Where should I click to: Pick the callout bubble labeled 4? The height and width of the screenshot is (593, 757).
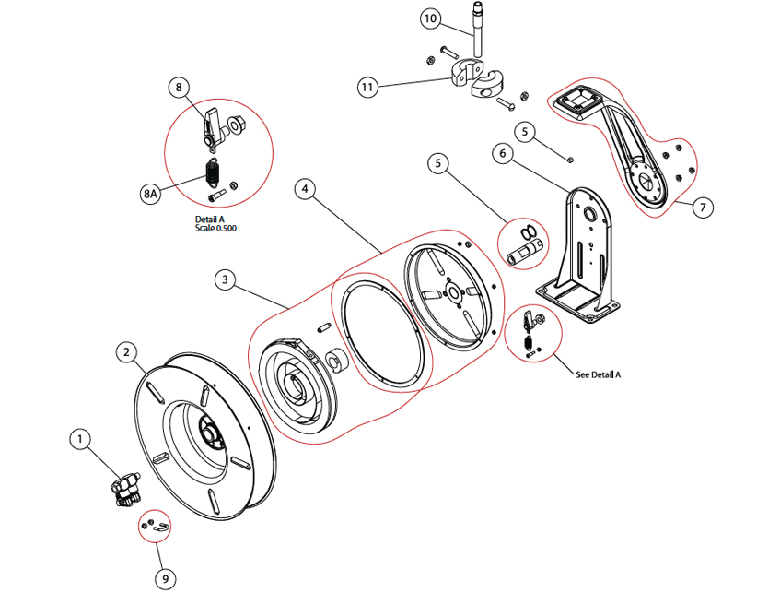306,189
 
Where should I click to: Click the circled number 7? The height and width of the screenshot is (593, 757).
702,208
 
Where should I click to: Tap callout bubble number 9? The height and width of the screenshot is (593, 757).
165,578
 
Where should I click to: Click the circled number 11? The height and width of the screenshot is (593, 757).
369,88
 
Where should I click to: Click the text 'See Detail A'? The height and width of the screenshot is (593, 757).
598,375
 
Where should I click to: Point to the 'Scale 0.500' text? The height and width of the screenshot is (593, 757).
215,228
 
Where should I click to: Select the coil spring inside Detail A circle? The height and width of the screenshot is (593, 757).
212,171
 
